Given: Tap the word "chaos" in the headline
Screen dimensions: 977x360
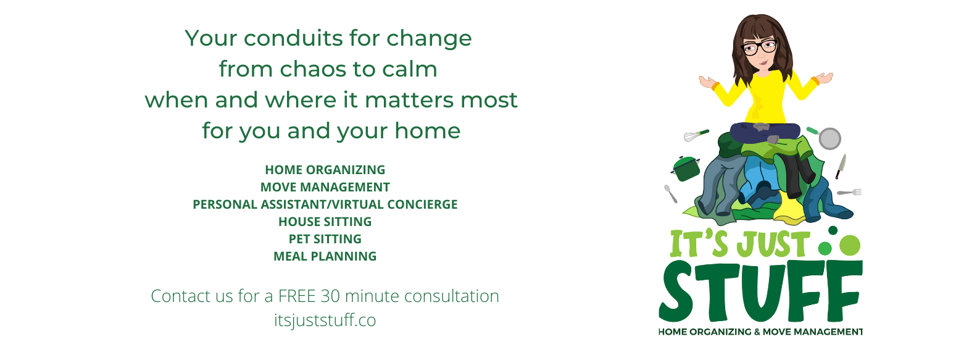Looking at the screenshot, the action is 312,69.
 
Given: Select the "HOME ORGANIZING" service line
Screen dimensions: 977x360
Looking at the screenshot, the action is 325,170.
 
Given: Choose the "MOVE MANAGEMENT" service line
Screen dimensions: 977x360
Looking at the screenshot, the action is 325,187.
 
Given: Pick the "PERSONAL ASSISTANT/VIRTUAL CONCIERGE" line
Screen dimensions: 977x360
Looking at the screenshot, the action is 325,204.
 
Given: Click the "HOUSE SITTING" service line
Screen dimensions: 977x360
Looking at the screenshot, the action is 325,222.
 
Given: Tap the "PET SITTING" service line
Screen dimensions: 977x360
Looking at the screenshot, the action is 325,239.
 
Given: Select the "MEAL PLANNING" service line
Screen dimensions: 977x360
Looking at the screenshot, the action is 325,256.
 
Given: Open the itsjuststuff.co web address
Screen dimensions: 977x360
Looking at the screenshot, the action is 325,320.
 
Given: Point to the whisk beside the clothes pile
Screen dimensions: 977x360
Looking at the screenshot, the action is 696,136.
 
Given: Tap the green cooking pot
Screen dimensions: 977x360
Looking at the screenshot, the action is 685,169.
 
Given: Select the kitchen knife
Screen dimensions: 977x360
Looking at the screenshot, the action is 841,166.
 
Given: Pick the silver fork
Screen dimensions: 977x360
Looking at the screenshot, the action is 849,192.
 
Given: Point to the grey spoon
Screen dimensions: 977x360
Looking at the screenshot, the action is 670,194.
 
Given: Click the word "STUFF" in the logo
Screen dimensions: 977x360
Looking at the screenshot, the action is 760,291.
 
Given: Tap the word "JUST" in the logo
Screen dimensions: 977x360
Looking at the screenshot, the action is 773,245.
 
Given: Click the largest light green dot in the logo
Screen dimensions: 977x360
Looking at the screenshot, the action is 850,245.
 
